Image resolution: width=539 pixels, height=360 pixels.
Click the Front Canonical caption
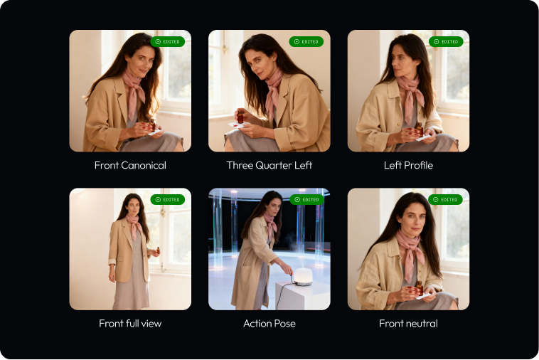point(130,165)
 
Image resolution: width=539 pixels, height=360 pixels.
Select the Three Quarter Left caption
point(269,165)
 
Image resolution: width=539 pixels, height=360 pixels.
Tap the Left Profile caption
point(408,165)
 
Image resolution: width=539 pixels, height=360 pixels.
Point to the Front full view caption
point(130,324)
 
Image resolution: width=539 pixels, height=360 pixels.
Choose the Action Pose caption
point(269,324)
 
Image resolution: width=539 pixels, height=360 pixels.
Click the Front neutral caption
point(408,324)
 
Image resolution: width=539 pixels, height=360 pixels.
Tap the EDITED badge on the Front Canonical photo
point(168,41)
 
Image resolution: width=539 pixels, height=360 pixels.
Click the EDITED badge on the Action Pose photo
point(306,199)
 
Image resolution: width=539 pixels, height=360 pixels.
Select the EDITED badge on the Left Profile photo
point(446,41)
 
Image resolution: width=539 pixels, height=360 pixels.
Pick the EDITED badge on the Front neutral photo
point(446,199)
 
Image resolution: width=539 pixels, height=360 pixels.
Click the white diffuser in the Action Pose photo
point(303,277)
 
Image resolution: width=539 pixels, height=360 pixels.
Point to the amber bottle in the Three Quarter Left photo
point(240,117)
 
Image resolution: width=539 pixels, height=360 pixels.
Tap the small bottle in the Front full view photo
point(158,250)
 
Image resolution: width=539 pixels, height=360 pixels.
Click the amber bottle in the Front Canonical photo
point(152,125)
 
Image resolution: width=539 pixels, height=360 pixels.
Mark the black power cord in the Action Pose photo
point(284,294)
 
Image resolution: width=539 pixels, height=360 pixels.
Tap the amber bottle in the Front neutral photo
point(420,287)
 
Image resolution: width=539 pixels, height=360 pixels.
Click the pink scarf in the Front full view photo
point(134,226)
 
